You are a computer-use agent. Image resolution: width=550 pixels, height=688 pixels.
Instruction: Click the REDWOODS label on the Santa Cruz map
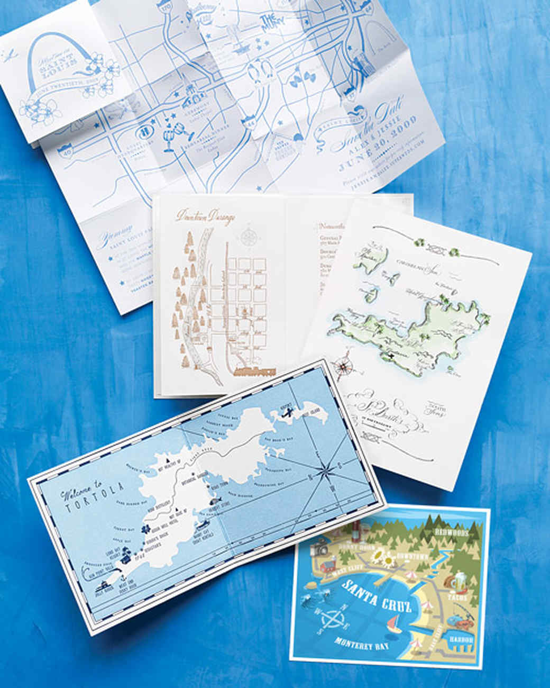pyautogui.click(x=450, y=532)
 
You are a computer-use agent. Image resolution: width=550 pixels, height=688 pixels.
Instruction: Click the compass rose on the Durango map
pyautogui.click(x=247, y=237)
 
